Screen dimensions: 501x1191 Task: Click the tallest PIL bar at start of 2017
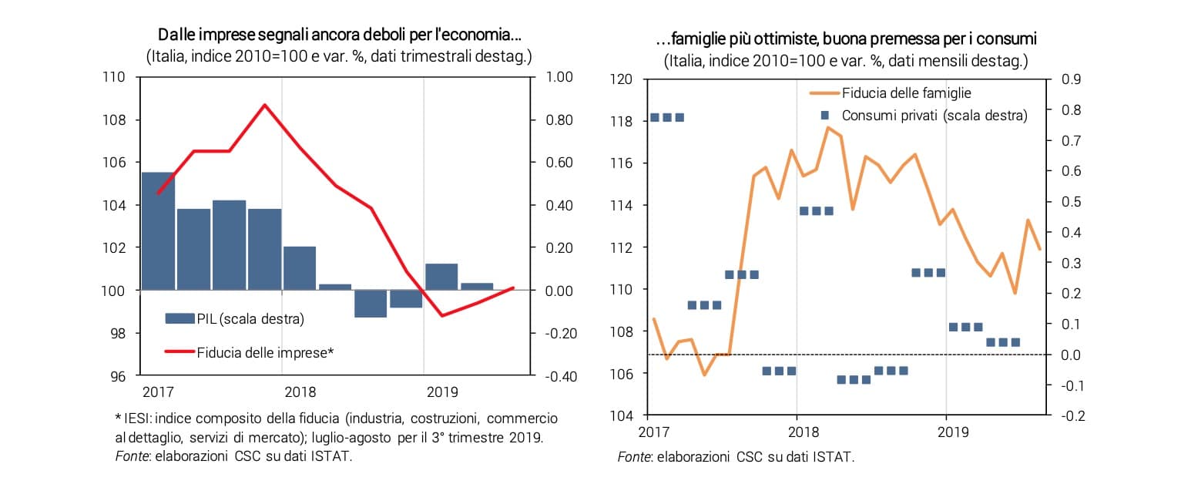pos(158,231)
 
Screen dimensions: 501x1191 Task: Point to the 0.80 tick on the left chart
pos(559,120)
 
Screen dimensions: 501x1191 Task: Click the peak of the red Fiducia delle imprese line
pos(264,105)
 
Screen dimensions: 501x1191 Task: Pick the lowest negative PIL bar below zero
pos(371,304)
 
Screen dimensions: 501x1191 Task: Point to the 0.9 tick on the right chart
pos(1072,79)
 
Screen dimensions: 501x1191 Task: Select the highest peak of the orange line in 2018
pos(827,127)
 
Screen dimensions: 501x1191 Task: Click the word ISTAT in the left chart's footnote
pos(333,456)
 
